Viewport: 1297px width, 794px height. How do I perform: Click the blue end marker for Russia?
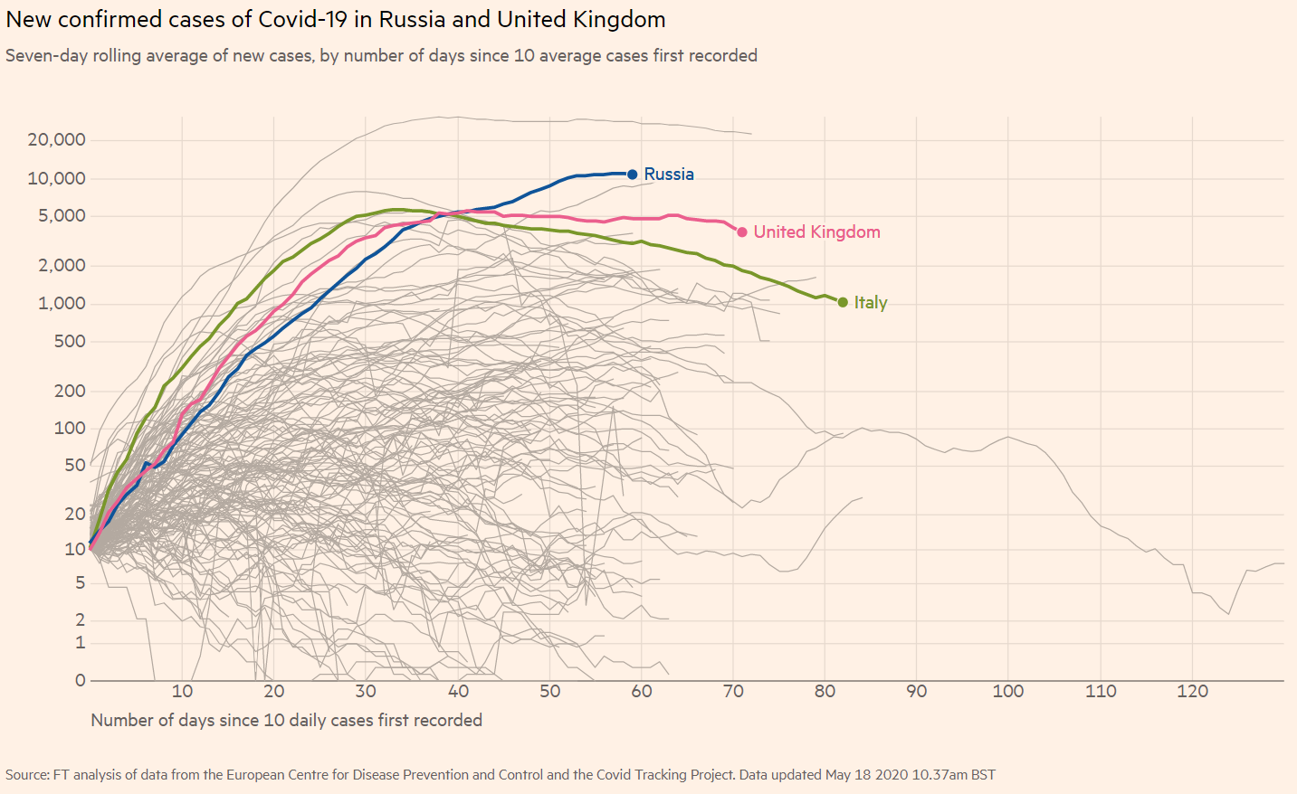click(x=633, y=175)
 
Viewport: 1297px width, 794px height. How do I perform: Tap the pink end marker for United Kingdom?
click(x=742, y=232)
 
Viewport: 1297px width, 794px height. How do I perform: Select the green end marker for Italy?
click(x=843, y=302)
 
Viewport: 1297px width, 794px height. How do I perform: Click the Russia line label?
click(x=669, y=175)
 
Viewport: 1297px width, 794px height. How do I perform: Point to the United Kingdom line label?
click(x=816, y=232)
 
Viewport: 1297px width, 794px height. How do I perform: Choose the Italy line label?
click(x=871, y=303)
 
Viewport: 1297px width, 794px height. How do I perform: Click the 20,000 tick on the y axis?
click(x=56, y=140)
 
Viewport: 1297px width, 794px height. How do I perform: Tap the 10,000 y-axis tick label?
click(x=56, y=179)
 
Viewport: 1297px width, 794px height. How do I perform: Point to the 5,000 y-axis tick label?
click(x=62, y=216)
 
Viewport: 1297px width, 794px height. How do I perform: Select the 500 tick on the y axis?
click(x=70, y=342)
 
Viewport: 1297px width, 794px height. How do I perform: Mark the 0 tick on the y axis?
click(x=81, y=680)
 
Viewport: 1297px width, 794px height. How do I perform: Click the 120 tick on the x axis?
click(x=1192, y=692)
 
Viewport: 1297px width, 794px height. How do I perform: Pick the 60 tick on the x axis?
click(x=642, y=692)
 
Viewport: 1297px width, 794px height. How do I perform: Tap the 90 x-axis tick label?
click(x=917, y=692)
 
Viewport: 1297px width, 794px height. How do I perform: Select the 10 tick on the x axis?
click(x=182, y=692)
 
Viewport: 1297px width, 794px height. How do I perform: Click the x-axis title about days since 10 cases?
click(x=286, y=721)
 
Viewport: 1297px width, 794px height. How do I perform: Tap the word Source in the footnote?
click(x=26, y=775)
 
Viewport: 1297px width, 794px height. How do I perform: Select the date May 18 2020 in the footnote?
click(x=866, y=775)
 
